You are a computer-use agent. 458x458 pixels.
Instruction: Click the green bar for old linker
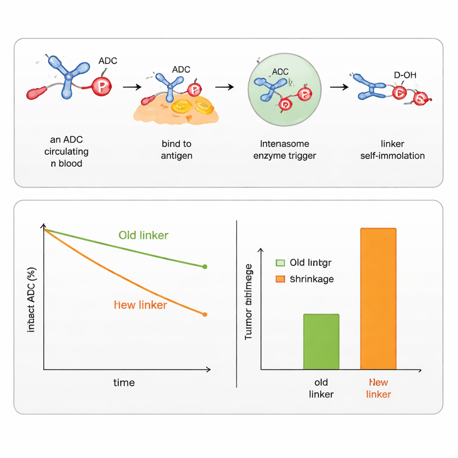point(321,342)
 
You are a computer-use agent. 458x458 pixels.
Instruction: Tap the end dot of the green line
point(205,267)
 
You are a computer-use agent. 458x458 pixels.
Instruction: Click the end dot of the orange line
point(205,314)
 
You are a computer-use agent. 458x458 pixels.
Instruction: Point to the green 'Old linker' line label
point(143,235)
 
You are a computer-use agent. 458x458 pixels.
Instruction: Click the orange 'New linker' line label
point(140,305)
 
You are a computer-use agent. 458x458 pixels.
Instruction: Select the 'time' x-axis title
point(124,382)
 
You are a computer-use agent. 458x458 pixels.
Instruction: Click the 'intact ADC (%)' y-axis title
point(31,300)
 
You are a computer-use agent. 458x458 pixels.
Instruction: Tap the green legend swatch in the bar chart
point(280,263)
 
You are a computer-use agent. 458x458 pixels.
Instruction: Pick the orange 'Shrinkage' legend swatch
point(280,279)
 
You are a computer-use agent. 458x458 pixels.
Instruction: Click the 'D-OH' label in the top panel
point(405,75)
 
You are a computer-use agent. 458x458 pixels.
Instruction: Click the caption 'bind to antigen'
point(177,150)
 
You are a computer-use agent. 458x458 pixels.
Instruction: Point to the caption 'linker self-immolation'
point(392,150)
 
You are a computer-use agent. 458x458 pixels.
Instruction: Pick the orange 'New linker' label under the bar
point(378,388)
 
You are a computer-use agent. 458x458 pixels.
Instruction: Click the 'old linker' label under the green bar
point(321,388)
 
